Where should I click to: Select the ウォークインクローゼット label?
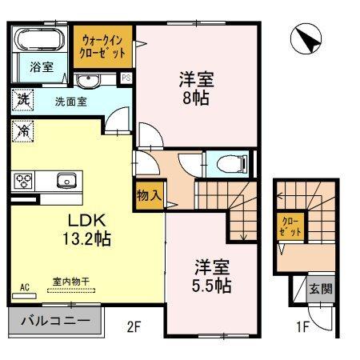(102, 46)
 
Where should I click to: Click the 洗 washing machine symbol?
(23, 102)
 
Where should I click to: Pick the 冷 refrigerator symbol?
(23, 129)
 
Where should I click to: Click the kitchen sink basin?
(65, 179)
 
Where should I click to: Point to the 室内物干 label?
(70, 281)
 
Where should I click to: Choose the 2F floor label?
(133, 326)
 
